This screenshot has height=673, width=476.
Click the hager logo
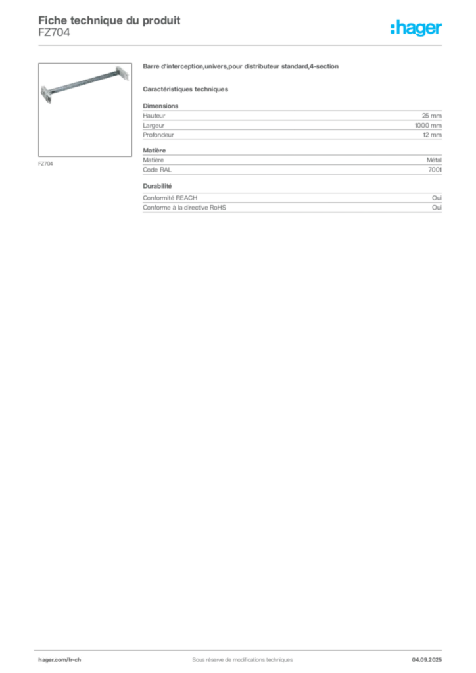point(416,28)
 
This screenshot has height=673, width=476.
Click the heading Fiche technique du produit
point(109,20)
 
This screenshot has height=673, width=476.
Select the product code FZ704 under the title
point(54,32)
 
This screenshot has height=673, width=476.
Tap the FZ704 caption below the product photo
point(45,164)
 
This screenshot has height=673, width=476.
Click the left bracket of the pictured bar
point(47,95)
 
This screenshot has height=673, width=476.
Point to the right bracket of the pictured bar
point(122,72)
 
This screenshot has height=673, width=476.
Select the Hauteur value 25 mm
point(431,116)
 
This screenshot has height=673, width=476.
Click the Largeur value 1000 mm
point(428,126)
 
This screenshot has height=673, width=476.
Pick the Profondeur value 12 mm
point(432,135)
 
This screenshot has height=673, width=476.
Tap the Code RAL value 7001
point(435,170)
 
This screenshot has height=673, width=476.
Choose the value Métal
point(434,160)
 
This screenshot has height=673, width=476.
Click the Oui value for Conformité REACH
point(437,198)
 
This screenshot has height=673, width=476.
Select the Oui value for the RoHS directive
point(437,207)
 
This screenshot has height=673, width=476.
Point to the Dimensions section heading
point(160,106)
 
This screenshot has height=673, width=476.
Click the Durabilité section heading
point(157,186)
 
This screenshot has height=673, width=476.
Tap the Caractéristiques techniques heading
point(185,89)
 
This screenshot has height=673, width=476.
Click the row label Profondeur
point(158,135)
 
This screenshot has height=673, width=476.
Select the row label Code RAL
point(157,170)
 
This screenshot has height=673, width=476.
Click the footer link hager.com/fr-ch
point(60,660)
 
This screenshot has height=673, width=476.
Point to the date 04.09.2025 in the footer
point(427,660)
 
